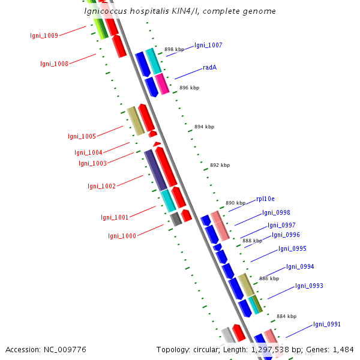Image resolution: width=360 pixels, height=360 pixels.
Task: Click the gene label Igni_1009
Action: (44, 35)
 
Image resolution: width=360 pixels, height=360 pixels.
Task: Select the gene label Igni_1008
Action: (54, 64)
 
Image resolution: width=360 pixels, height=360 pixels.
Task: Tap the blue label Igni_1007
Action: (208, 46)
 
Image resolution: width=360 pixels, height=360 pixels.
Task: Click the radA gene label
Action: (209, 67)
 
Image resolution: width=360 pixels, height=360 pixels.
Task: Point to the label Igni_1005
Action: (82, 137)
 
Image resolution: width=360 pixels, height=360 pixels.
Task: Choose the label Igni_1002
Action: (101, 186)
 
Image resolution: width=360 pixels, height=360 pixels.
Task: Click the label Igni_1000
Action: (122, 236)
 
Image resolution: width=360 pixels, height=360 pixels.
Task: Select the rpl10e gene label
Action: (265, 199)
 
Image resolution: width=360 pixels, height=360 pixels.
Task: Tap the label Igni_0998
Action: (276, 212)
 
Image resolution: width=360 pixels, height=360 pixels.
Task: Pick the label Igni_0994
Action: (300, 266)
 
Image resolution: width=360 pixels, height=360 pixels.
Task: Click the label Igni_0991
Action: (327, 325)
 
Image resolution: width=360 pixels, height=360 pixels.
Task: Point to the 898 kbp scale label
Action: (174, 50)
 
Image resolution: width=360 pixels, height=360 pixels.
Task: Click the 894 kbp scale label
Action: (204, 127)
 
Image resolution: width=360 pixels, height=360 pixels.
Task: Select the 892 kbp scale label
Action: (220, 165)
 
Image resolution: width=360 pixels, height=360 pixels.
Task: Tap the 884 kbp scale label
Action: (286, 316)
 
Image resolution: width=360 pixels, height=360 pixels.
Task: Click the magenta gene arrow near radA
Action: (162, 84)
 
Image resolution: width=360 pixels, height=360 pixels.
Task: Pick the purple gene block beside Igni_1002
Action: (155, 169)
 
